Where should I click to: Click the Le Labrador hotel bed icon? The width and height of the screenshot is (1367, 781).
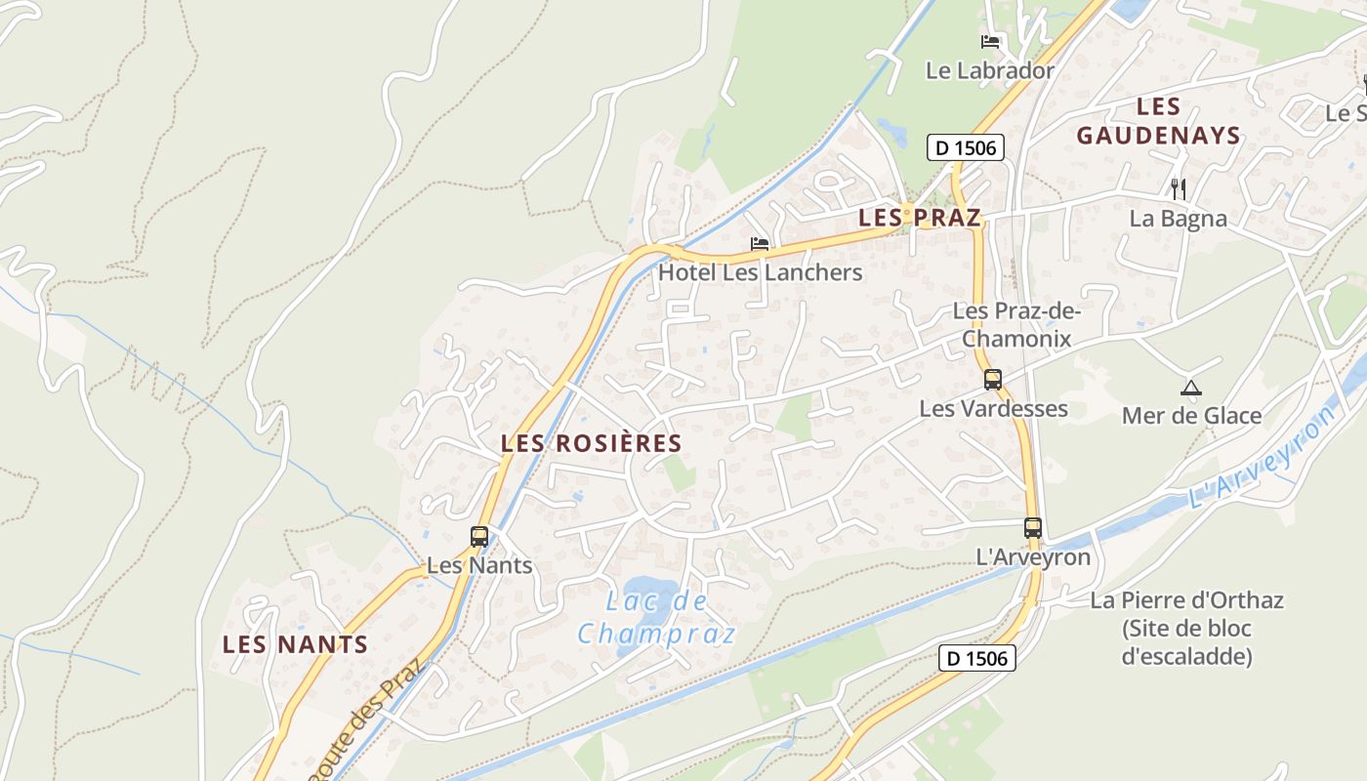point(990,42)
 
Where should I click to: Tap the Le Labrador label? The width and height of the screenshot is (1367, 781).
point(990,70)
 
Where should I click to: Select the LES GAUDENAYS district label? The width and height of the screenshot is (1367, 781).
point(1158,121)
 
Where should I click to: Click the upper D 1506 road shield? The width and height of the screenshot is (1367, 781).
point(965,148)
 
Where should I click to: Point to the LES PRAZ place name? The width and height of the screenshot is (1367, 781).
point(919,218)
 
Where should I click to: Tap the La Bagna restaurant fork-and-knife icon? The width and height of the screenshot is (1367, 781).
point(1178,188)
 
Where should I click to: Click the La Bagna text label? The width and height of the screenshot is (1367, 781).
point(1178,219)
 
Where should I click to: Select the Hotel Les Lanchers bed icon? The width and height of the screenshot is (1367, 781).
point(760,243)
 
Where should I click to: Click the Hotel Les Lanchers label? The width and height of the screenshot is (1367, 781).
point(760,272)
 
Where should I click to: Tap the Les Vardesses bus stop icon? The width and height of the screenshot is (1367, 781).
point(993,380)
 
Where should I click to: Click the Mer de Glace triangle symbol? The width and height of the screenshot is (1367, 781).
point(1190,388)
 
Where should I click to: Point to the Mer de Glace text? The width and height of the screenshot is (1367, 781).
point(1191,416)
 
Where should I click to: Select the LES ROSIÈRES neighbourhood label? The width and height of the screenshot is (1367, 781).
point(591,443)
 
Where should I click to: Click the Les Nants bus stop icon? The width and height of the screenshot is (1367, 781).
point(479,536)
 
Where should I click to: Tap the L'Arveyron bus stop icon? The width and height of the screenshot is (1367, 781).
point(1033,528)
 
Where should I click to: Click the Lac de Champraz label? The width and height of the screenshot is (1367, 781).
point(656,617)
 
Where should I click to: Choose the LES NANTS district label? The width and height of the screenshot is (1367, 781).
point(295,644)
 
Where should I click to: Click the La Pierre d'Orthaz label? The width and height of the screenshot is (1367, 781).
point(1186,628)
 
